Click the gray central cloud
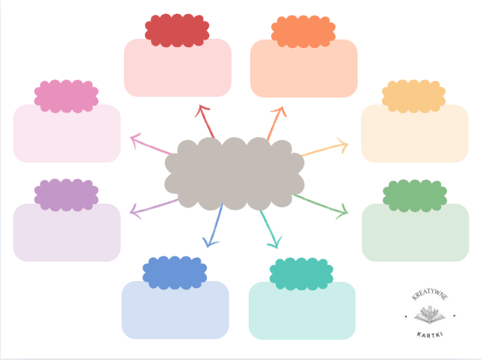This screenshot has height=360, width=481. [234, 174]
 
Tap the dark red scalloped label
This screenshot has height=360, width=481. [177, 30]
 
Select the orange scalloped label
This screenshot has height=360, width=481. [303, 31]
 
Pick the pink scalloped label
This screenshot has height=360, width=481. [66, 95]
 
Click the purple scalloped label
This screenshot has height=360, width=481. [66, 194]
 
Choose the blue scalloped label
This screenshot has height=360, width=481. [174, 272]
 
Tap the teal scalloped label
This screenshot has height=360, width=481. [301, 274]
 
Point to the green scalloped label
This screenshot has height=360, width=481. [415, 195]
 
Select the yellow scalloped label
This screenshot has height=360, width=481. [414, 95]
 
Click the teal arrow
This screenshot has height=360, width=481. [269, 229]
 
